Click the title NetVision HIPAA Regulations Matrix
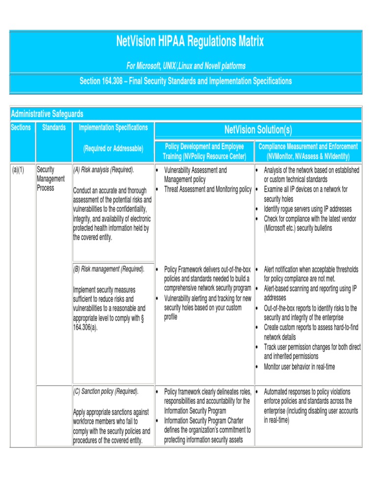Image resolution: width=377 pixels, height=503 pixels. (190, 42)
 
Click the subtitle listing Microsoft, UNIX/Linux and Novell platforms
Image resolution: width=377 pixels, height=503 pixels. (186, 66)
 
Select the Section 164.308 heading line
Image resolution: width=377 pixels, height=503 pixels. (186, 81)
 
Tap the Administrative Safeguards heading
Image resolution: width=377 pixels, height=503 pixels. (47, 114)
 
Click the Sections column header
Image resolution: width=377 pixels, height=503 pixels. (21, 128)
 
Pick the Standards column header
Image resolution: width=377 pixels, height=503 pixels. (54, 128)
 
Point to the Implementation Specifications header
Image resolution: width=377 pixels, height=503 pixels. (113, 128)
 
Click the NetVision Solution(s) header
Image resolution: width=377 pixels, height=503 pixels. (258, 130)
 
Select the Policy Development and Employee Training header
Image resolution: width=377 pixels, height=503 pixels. (204, 151)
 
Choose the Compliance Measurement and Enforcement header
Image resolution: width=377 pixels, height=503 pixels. (308, 151)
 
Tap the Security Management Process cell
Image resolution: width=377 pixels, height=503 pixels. (51, 179)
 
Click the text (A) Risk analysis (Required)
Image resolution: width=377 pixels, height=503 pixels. (103, 170)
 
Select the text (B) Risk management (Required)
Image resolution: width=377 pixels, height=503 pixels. (108, 269)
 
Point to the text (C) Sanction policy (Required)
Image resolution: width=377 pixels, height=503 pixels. (106, 391)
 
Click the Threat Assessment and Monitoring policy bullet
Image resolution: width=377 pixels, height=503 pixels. (207, 189)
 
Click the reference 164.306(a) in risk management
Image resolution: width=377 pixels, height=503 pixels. (85, 327)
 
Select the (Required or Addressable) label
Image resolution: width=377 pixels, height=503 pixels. (113, 148)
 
